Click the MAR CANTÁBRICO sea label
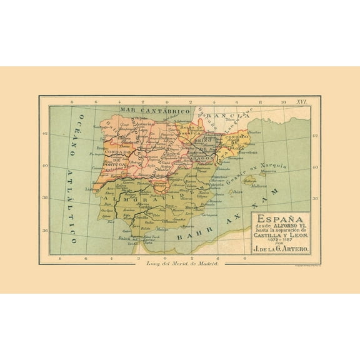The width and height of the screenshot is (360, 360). click(x=146, y=111)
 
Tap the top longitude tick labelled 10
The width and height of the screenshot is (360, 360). click(x=282, y=101)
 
